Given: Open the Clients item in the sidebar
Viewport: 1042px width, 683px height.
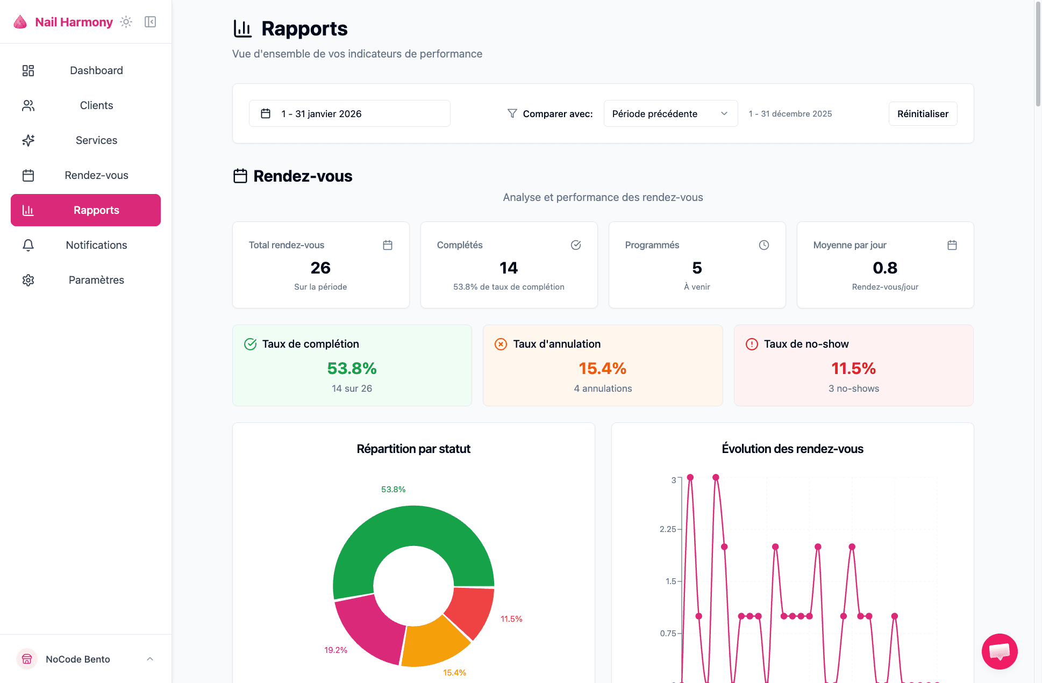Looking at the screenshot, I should tap(96, 105).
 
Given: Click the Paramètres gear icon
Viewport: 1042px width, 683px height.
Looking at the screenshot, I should tap(28, 280).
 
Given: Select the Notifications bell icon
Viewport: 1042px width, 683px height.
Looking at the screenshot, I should tap(28, 245).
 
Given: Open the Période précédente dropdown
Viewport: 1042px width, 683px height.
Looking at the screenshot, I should tap(670, 113).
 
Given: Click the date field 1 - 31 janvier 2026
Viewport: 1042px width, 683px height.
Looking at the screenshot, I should tap(349, 113).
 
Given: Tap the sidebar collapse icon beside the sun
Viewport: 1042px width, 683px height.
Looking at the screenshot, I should tap(150, 22).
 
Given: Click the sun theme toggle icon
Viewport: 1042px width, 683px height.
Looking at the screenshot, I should tap(126, 22).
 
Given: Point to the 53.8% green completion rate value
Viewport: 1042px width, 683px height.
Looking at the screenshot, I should tap(352, 369).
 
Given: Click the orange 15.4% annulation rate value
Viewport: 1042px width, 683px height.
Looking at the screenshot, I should tap(602, 369).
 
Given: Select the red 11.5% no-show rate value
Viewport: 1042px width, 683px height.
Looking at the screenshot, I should tap(853, 369).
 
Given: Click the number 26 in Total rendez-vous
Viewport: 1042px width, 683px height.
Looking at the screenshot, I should tap(320, 268).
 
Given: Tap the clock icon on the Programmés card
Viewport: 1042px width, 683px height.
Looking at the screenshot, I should tap(763, 245).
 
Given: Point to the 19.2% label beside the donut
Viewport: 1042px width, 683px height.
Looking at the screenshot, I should tap(336, 650).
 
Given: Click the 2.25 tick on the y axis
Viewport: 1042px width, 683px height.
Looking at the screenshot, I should tap(668, 529).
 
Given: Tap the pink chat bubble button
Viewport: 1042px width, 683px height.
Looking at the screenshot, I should tap(999, 651).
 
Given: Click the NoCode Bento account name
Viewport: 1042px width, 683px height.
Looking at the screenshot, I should tap(78, 659).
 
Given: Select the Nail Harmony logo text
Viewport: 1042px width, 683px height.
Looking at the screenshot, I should tap(74, 22).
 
